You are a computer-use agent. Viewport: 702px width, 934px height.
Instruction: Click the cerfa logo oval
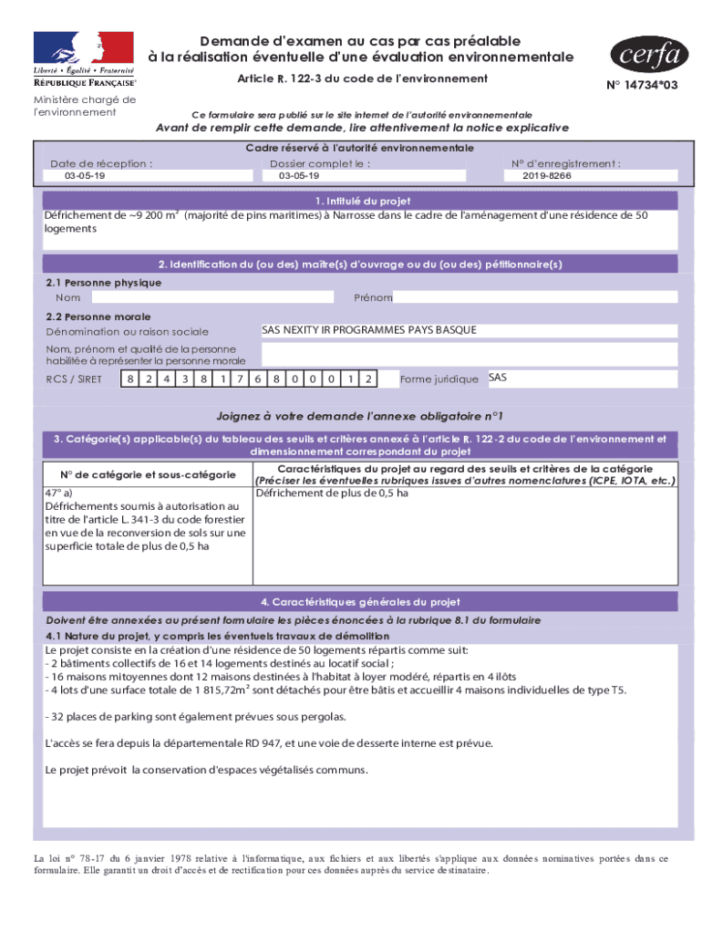646,55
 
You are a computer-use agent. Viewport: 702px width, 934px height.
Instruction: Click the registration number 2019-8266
547,175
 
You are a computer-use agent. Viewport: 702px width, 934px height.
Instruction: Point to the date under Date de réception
85,175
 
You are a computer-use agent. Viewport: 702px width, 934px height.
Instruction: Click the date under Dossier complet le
299,175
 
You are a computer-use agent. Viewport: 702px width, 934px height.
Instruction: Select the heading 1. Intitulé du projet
362,201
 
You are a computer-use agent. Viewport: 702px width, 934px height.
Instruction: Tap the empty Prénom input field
536,297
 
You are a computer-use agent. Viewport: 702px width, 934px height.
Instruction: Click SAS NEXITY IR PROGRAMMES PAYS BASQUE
368,330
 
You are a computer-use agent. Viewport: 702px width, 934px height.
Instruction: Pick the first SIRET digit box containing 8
130,379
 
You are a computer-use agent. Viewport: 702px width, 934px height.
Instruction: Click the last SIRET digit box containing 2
367,379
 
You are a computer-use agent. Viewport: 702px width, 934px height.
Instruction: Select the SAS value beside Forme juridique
497,378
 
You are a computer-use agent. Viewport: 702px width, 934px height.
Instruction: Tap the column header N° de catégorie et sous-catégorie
148,474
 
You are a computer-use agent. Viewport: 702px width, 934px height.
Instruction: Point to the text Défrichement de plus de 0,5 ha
332,493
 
